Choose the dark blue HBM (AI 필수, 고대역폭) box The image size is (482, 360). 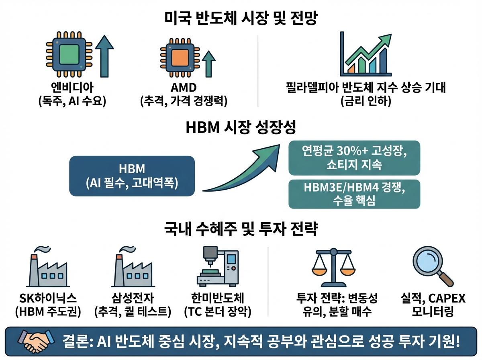(x=132, y=176)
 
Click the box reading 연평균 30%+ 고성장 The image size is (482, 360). (x=354, y=157)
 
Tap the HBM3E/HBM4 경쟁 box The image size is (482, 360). (x=354, y=194)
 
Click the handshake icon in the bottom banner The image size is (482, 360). (x=37, y=342)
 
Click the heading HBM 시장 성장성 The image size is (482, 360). (x=241, y=128)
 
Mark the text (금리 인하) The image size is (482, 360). (x=365, y=102)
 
